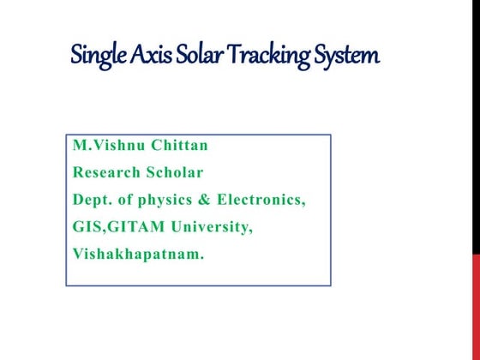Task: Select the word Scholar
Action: (177, 172)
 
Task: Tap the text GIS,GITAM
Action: (117, 227)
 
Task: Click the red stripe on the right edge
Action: (476, 291)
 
